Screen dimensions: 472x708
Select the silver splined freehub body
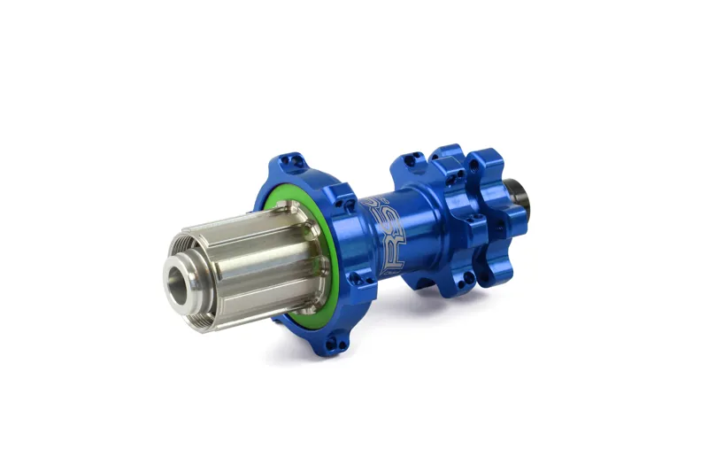[257, 257]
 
